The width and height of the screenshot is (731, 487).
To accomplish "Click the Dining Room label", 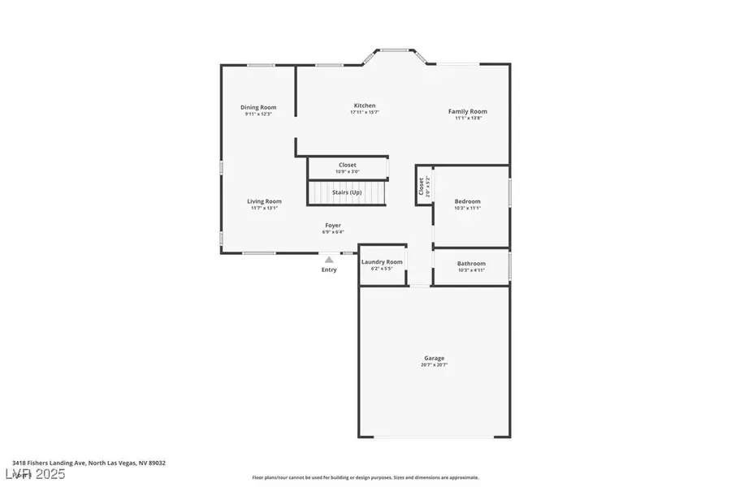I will coord(258,107).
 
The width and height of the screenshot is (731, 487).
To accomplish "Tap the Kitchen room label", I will coord(365,106).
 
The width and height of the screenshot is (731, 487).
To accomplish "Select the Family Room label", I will coord(468,111).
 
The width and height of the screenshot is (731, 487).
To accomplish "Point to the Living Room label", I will coord(265,201).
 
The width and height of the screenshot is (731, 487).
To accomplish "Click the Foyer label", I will coord(333,225).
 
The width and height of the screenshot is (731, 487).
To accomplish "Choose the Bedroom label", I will coord(468,201).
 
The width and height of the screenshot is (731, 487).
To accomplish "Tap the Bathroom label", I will coord(471,263).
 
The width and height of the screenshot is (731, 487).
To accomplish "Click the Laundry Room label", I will coord(382,261).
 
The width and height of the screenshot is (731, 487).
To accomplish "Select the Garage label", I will coord(434,358).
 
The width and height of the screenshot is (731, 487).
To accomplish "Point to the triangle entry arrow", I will coord(329,261).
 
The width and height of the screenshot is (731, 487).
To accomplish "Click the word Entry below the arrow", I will coord(329,270).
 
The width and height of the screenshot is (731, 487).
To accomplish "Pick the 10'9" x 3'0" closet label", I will coord(347,171).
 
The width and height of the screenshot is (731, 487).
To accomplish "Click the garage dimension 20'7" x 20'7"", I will coord(434,365).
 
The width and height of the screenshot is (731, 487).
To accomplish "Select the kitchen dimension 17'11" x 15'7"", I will coord(365,112).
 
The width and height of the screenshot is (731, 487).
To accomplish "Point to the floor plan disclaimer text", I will coord(365,477).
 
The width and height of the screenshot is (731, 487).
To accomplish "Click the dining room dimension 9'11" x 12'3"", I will coord(258,114).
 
